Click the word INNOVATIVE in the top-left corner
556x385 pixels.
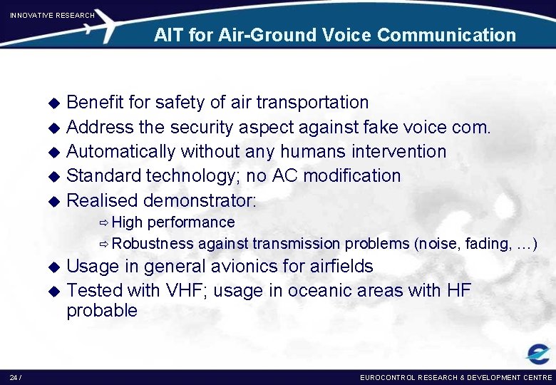pyautogui.click(x=32, y=15)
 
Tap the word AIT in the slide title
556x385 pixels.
pyautogui.click(x=169, y=35)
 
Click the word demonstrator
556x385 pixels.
pyautogui.click(x=200, y=200)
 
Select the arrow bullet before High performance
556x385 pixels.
pyautogui.click(x=104, y=223)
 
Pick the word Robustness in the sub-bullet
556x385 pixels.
pyautogui.click(x=153, y=244)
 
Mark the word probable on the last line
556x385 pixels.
pyautogui.click(x=102, y=310)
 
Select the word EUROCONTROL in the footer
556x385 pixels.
pyautogui.click(x=388, y=376)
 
